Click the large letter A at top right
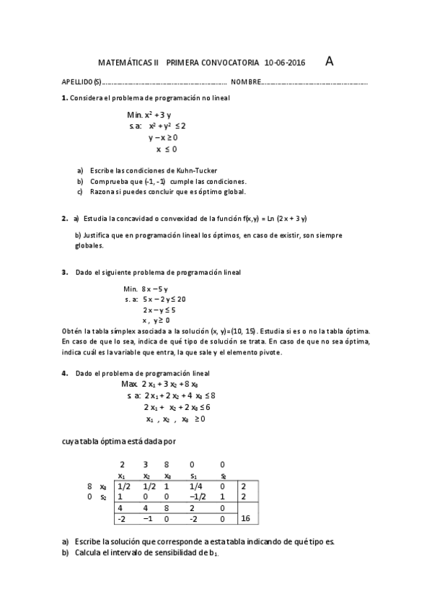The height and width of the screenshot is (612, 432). [330, 61]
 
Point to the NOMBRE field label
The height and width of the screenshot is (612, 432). [244, 82]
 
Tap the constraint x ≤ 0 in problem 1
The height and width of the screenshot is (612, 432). [166, 149]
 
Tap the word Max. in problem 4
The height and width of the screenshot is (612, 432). [129, 385]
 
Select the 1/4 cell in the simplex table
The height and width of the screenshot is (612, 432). [195, 486]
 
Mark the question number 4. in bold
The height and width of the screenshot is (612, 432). [65, 374]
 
